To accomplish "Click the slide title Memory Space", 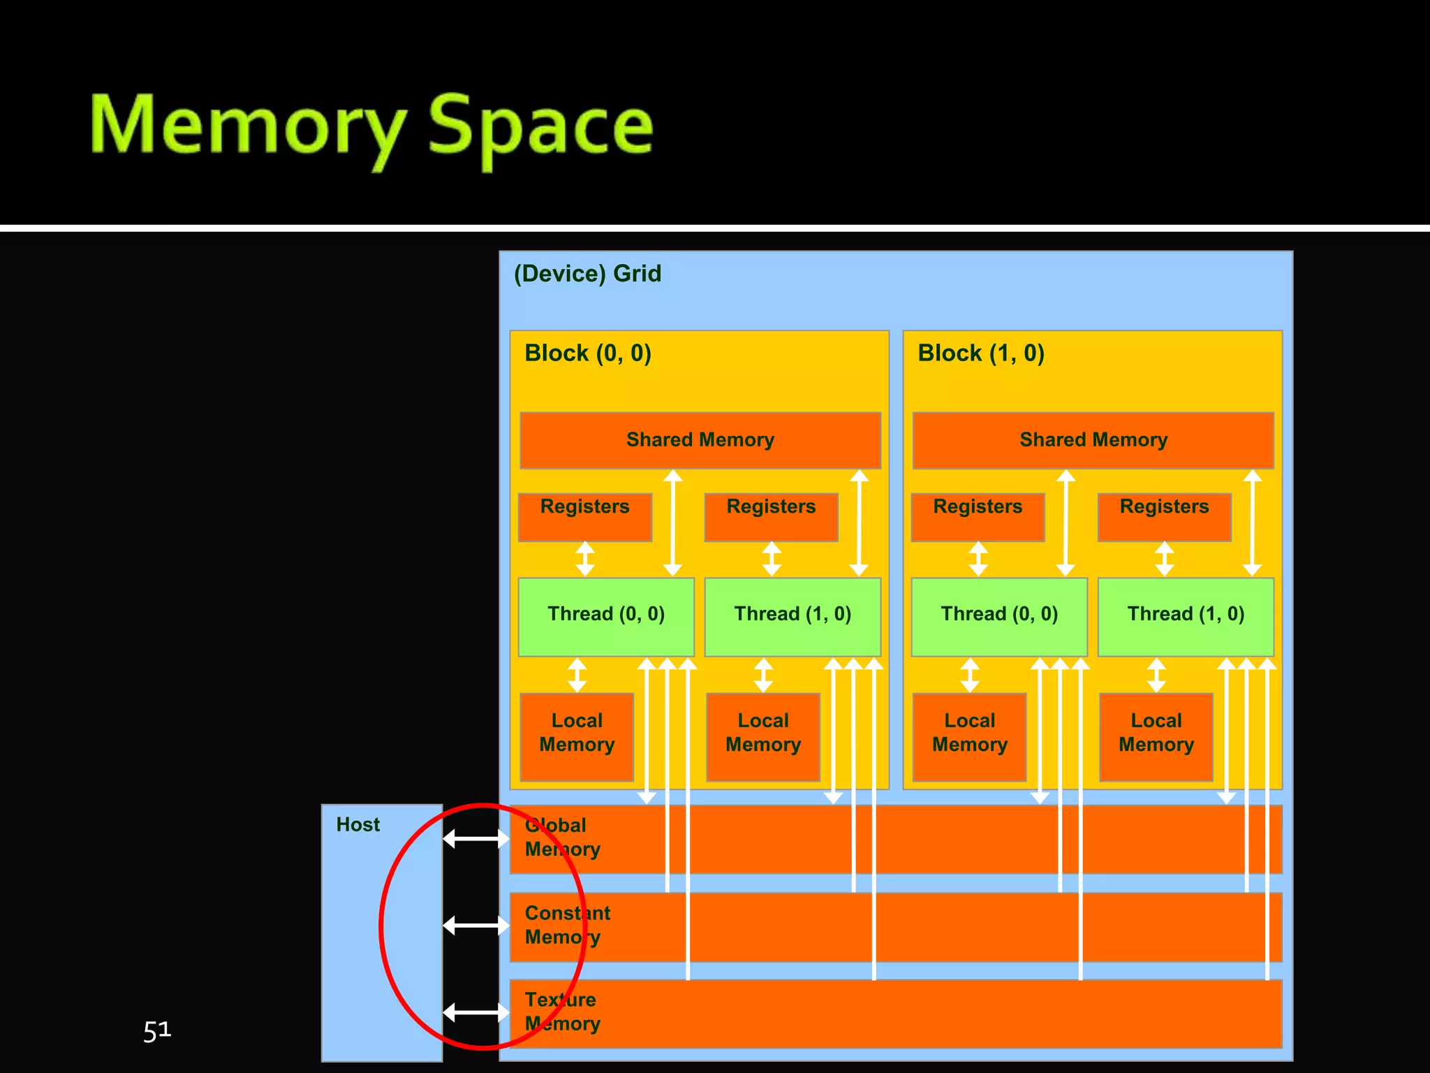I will (371, 126).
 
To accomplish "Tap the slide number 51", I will (157, 1030).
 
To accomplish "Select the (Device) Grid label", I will (587, 273).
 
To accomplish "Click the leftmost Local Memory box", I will (577, 736).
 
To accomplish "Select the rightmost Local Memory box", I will (1156, 736).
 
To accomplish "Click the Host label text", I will (357, 824).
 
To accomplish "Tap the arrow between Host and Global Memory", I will (476, 838).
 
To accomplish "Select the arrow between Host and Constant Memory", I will (476, 926).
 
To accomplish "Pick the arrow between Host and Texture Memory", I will (476, 1012).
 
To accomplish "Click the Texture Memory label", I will (562, 1012).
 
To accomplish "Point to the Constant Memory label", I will (567, 925).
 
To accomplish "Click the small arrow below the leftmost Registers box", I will (585, 559).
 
